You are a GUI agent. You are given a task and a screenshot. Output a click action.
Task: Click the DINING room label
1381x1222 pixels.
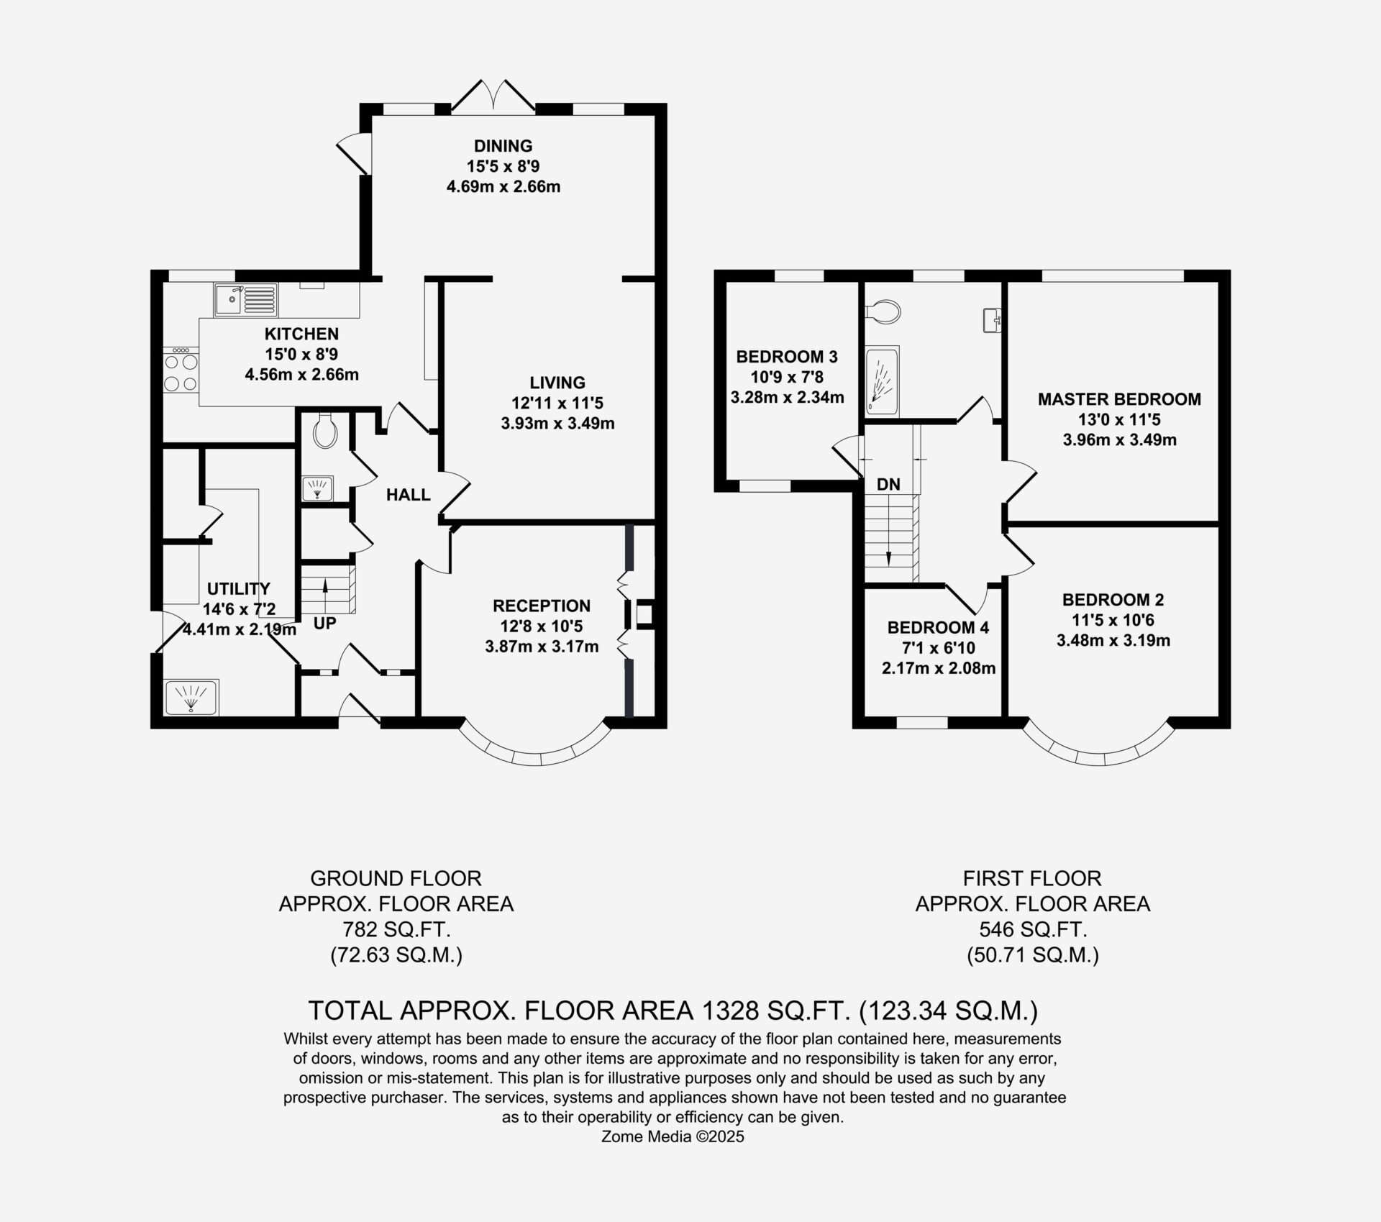503,146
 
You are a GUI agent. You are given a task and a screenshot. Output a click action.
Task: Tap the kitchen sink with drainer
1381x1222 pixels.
245,300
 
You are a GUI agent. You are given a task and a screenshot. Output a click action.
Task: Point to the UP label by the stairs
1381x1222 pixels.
325,624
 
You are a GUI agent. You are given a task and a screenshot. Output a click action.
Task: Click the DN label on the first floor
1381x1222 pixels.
888,484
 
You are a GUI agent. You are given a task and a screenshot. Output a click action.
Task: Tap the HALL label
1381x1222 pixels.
409,495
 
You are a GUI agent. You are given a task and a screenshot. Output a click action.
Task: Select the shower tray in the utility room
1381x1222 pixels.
192,698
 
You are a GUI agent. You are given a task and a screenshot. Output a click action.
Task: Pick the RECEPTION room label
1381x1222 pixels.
542,606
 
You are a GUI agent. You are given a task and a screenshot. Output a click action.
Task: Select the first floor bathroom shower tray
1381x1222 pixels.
882,382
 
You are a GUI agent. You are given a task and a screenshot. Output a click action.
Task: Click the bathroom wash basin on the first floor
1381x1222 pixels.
993,320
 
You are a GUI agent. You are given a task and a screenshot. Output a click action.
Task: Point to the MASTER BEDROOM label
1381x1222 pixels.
1119,399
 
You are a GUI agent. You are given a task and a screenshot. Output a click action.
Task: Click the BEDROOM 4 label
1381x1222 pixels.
938,628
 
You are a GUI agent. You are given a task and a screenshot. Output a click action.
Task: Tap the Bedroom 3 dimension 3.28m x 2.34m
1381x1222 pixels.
788,397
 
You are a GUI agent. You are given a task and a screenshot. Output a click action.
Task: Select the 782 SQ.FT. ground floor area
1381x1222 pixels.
396,929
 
